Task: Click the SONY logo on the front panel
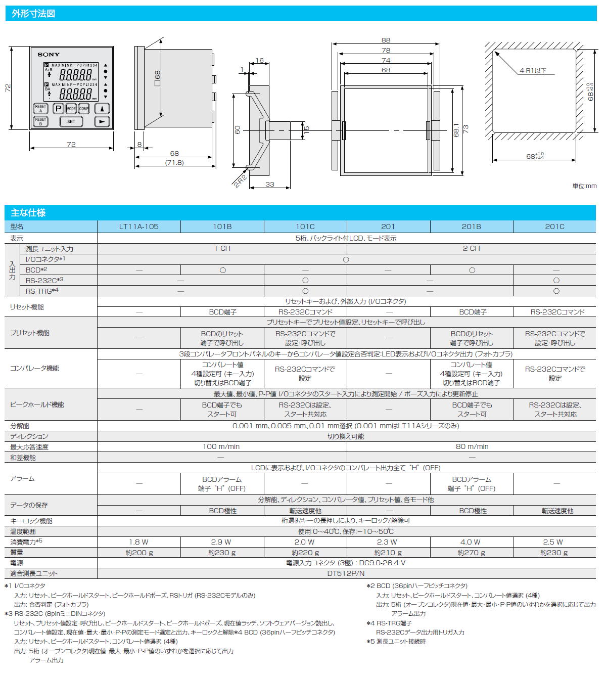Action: tap(49, 55)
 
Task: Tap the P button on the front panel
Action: tap(59, 109)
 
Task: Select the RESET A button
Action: tap(41, 109)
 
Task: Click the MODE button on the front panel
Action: tap(71, 109)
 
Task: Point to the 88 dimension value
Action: tap(386, 40)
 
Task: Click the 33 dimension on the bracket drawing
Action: tap(269, 184)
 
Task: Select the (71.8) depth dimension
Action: tap(174, 163)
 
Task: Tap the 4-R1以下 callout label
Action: tap(533, 70)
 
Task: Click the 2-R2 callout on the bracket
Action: tap(240, 181)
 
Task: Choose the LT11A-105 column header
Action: tap(138, 227)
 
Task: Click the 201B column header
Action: tap(472, 227)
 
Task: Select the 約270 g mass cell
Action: tap(471, 553)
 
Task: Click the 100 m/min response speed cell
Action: tap(221, 446)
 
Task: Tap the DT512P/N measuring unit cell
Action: tap(346, 573)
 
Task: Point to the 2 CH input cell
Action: tap(472, 248)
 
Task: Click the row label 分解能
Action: tap(20, 426)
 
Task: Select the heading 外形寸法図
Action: tap(33, 14)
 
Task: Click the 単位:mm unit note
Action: tap(584, 186)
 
